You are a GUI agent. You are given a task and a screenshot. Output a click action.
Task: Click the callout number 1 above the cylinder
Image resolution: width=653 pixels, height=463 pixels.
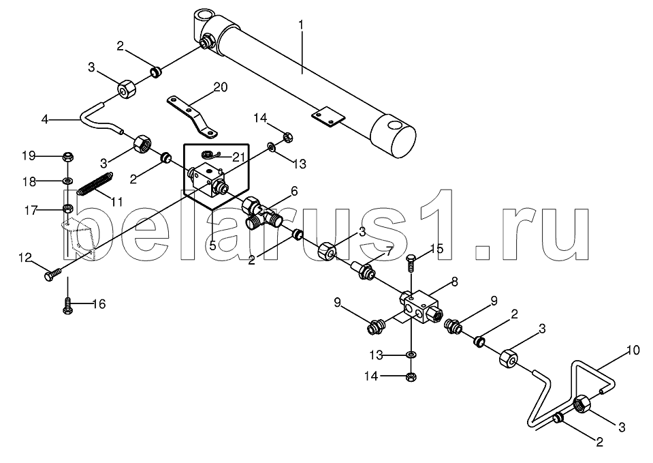301,25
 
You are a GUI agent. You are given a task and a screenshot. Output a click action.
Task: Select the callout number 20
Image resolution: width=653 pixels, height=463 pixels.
221,87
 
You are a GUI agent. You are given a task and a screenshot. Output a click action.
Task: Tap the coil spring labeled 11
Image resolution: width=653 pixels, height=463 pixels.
95,183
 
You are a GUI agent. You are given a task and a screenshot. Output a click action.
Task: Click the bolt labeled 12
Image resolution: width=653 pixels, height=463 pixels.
52,273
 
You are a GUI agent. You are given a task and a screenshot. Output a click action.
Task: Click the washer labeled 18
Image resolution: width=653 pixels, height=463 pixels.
67,181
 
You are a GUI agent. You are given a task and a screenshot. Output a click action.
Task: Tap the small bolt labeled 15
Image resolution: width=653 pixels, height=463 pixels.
411,262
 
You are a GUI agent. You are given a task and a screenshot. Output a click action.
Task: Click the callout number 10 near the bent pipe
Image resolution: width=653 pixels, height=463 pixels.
633,350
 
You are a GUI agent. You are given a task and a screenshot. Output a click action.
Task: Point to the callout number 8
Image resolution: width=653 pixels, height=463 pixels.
454,282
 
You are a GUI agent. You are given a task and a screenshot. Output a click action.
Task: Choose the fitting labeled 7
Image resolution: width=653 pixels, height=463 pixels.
363,269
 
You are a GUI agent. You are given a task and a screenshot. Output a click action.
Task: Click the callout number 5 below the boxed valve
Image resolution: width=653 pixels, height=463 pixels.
212,245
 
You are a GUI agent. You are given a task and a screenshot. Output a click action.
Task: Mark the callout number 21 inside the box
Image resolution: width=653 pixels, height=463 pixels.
238,158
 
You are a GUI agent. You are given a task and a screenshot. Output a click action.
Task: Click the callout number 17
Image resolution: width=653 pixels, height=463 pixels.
31,211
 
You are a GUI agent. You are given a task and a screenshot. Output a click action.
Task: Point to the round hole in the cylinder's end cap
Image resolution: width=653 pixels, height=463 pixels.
394,126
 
